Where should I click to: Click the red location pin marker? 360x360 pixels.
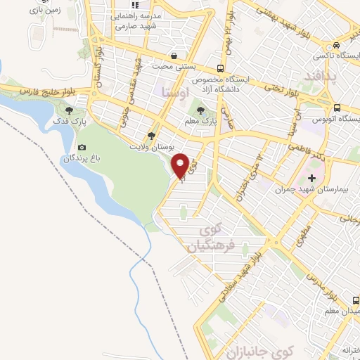[x=181, y=165]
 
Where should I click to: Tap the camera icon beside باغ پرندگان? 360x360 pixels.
[x=82, y=148]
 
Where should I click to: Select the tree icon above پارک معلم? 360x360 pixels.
[x=201, y=110]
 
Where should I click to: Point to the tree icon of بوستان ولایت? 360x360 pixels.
[x=151, y=136]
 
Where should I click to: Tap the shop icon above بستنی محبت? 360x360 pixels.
[x=174, y=56]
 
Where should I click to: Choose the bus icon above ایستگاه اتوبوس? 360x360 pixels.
[x=337, y=108]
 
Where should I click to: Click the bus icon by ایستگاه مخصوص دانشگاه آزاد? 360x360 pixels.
[x=221, y=68]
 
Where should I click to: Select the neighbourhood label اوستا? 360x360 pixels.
[x=174, y=91]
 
